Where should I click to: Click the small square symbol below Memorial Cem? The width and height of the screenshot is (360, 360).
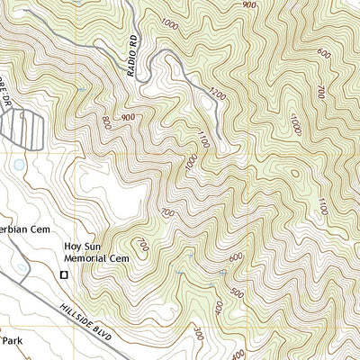tap(64, 274)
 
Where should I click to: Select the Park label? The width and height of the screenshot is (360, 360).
tap(11, 341)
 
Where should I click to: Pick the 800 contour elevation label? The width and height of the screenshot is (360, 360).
tap(107, 121)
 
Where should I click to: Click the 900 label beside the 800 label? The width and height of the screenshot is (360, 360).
tap(128, 117)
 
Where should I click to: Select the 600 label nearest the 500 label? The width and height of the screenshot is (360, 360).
tap(236, 257)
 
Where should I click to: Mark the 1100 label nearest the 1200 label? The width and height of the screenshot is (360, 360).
tap(204, 139)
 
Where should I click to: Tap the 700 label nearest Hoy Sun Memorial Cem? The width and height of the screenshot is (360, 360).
tap(141, 244)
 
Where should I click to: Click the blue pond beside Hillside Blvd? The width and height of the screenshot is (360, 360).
tap(21, 267)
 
